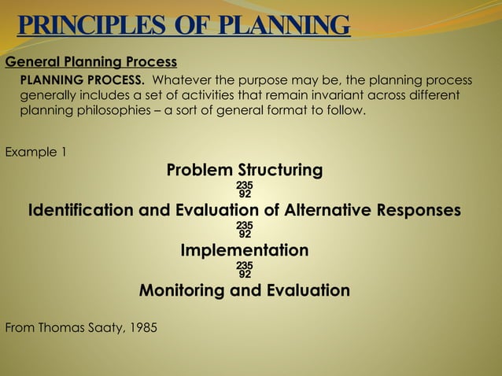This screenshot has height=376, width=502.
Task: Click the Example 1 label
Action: pos(35,152)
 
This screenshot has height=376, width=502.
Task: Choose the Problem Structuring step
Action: pos(245,170)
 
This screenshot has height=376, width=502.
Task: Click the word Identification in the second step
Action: pos(81,211)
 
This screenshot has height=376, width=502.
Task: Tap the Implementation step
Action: pos(245,251)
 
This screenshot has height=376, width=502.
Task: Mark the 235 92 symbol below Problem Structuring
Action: pos(245,190)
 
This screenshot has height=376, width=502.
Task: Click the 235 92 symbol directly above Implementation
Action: pos(245,230)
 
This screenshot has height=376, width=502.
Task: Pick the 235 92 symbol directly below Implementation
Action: pos(245,270)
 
